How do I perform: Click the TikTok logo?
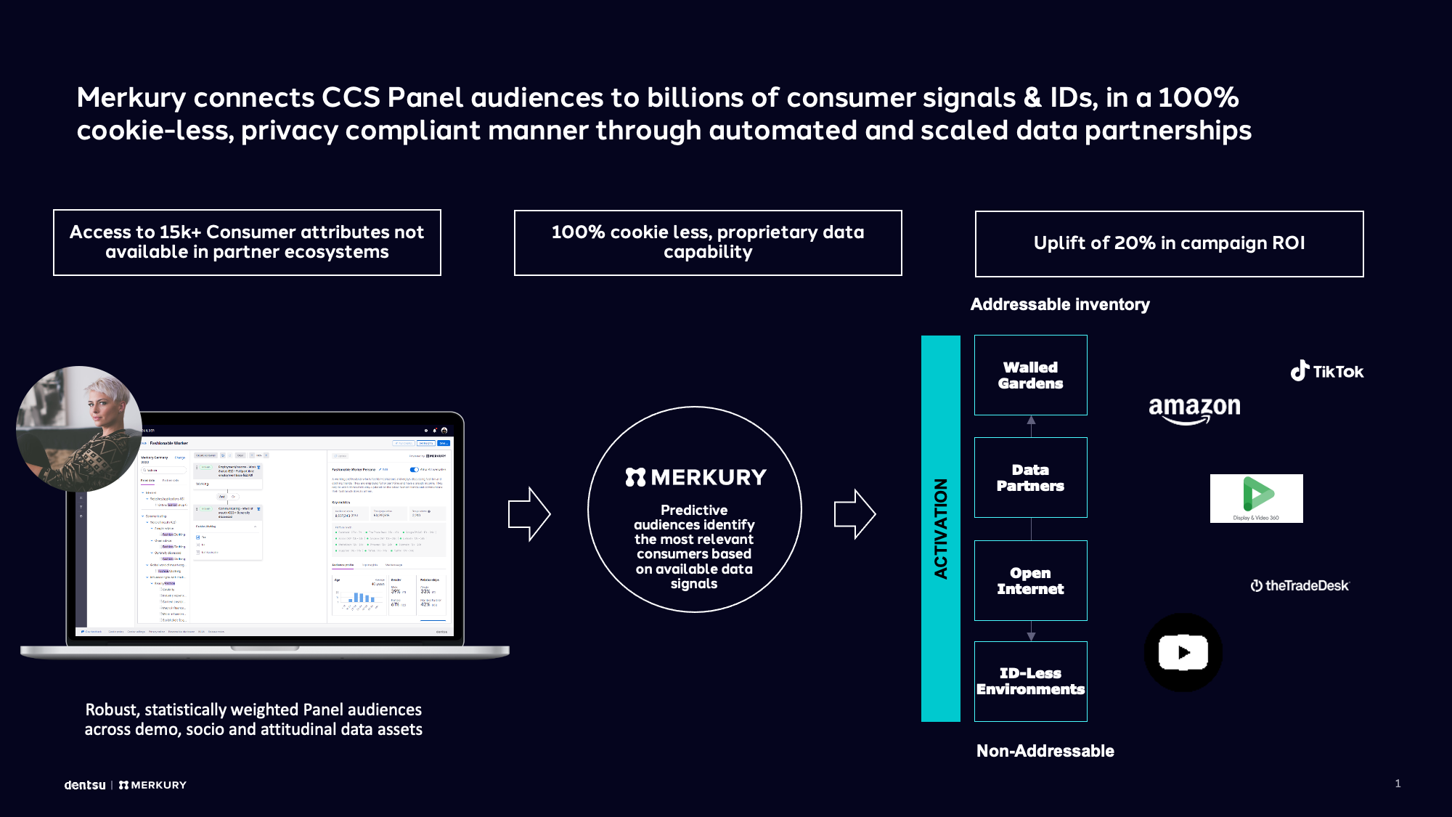pos(1327,371)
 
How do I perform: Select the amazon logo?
pos(1194,408)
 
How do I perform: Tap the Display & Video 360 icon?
pos(1256,498)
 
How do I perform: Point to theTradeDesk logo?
pos(1300,585)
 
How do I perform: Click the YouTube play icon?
pos(1183,652)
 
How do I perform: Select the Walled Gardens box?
pos(1030,375)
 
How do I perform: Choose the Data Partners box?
pos(1030,477)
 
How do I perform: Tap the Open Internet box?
pos(1030,580)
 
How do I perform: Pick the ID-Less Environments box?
pos(1030,681)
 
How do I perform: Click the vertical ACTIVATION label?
pos(941,528)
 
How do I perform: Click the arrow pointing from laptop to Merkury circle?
pos(529,513)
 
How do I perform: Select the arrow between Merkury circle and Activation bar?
pos(855,513)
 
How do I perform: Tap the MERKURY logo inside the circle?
pos(696,477)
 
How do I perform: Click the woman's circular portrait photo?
pos(78,428)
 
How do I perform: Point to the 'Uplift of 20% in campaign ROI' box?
pos(1169,243)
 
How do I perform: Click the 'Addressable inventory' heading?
pos(1060,304)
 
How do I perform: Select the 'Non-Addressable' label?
pos(1045,751)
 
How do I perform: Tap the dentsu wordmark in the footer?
pos(85,785)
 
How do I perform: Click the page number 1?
pos(1398,783)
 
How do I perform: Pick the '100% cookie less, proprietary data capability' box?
pos(708,243)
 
